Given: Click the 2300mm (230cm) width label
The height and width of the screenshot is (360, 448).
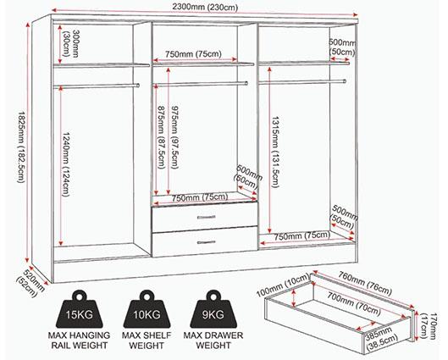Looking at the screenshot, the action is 205,7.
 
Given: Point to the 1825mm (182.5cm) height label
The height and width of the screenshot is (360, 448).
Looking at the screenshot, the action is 22,147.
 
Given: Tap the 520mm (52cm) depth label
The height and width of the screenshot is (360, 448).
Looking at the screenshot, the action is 30,282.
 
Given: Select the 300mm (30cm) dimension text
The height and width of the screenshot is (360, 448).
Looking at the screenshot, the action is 70,43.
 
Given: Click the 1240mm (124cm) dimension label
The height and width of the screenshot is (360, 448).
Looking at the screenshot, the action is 66,164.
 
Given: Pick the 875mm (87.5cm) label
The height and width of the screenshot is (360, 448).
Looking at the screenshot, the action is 162,137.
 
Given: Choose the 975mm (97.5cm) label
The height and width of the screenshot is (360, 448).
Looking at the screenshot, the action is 174,137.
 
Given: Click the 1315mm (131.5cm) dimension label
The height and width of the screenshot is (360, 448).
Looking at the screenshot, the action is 274,152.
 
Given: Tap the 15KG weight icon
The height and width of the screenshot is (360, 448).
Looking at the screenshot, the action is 79,309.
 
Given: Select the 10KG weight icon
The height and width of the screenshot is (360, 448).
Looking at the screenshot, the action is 147,309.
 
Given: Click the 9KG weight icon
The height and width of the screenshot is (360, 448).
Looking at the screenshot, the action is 213,309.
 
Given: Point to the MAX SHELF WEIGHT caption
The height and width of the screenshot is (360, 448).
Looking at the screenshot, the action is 147,341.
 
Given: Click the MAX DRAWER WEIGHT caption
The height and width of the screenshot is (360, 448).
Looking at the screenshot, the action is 213,341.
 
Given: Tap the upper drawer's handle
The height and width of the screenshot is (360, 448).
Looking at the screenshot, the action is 206,218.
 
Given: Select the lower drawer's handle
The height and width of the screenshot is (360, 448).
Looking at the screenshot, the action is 206,242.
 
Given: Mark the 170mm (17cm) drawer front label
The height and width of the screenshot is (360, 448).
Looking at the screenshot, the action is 429,327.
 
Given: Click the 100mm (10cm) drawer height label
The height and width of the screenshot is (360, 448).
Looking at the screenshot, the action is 283,285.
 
